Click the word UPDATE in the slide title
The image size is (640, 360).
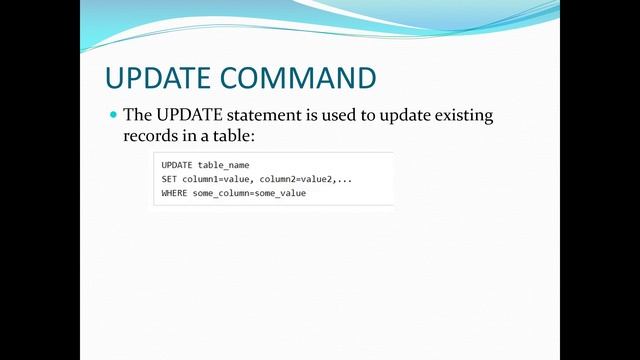click(x=160, y=78)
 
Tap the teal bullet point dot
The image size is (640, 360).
click(x=113, y=116)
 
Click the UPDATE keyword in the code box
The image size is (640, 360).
click(x=177, y=164)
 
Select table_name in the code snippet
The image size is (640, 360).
click(x=224, y=164)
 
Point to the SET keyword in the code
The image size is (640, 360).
click(x=169, y=178)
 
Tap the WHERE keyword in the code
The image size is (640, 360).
click(x=174, y=192)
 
